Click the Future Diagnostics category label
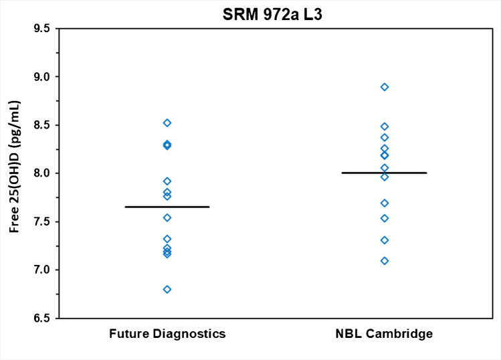pos(167,334)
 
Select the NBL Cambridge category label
pos(384,334)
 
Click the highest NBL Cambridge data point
pos(385,87)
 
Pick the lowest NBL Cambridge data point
pos(385,261)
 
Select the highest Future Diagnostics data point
pos(167,123)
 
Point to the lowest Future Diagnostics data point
pos(167,289)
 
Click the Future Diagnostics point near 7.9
pos(167,181)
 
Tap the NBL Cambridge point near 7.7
pos(385,203)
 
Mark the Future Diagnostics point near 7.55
pos(167,217)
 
